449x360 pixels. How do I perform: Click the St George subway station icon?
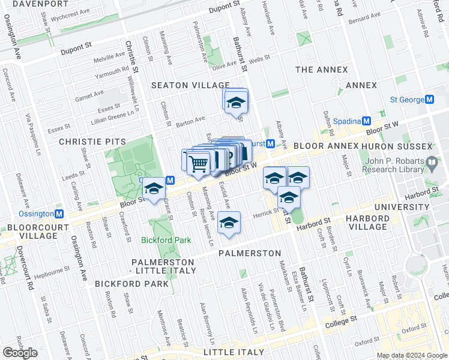[x=429, y=100]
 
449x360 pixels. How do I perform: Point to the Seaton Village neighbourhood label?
[x=190, y=86]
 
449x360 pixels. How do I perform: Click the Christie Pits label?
[x=92, y=142]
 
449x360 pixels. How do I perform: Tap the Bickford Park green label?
[x=166, y=240]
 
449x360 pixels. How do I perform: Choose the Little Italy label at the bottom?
[x=234, y=352]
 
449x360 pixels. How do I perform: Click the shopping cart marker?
[x=198, y=162]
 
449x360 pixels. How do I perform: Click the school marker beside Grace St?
[x=154, y=189]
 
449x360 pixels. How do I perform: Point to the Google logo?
[x=20, y=352]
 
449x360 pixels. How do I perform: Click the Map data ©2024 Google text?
[x=412, y=355]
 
